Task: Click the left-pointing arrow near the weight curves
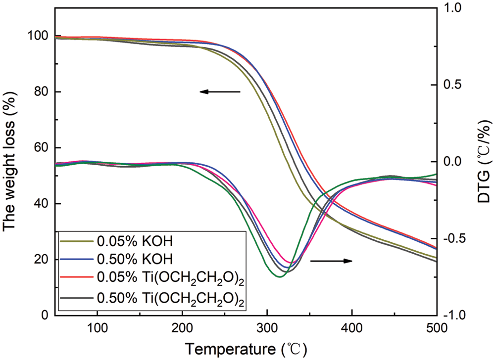click(220, 91)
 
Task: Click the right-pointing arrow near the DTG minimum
click(331, 261)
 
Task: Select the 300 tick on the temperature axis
click(267, 328)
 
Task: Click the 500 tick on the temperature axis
click(436, 328)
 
